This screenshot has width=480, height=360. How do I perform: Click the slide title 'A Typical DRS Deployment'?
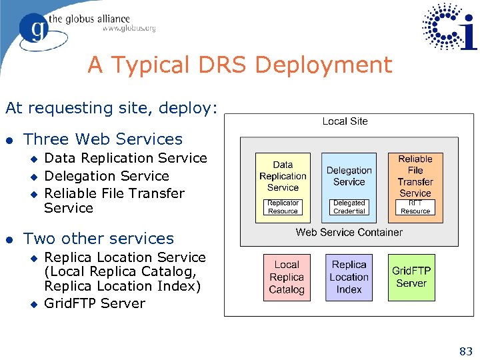pyautogui.click(x=240, y=65)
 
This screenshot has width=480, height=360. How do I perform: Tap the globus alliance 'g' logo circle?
pyautogui.click(x=33, y=27)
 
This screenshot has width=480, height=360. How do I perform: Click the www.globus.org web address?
pyautogui.click(x=129, y=29)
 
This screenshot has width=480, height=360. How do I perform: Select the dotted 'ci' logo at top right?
pyautogui.click(x=450, y=27)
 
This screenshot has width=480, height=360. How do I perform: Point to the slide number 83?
pyautogui.click(x=465, y=351)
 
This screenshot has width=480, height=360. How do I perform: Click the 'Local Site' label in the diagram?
pyautogui.click(x=345, y=121)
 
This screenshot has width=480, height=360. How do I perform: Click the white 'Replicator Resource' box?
pyautogui.click(x=283, y=207)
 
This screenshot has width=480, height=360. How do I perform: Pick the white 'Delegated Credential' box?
pyautogui.click(x=349, y=207)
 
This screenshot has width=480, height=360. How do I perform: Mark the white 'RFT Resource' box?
pyautogui.click(x=415, y=207)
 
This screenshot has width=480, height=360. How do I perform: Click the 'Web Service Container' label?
pyautogui.click(x=349, y=232)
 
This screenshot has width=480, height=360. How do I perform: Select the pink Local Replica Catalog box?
pyautogui.click(x=287, y=277)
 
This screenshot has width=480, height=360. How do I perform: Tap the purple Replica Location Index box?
pyautogui.click(x=349, y=277)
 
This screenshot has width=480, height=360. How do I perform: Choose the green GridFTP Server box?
pyautogui.click(x=411, y=277)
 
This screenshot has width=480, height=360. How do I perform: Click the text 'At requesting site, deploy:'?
pyautogui.click(x=111, y=108)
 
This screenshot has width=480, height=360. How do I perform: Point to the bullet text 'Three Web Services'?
pyautogui.click(x=103, y=139)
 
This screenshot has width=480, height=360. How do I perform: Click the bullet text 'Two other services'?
pyautogui.click(x=98, y=239)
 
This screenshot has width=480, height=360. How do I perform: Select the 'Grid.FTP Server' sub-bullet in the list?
pyautogui.click(x=94, y=303)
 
